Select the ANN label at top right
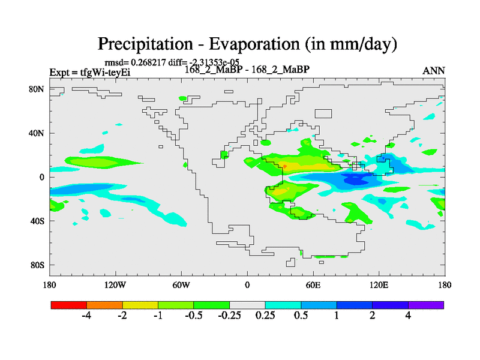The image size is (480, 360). (x=434, y=71)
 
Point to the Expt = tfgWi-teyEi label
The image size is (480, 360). (x=89, y=73)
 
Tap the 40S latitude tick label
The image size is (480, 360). (x=37, y=221)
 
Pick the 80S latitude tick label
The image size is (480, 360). (x=37, y=265)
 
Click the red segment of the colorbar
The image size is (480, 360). (x=69, y=305)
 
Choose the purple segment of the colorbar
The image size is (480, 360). (x=426, y=305)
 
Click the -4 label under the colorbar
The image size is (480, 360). (x=86, y=316)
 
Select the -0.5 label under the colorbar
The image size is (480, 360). (x=193, y=316)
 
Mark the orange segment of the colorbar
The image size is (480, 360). (x=104, y=305)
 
